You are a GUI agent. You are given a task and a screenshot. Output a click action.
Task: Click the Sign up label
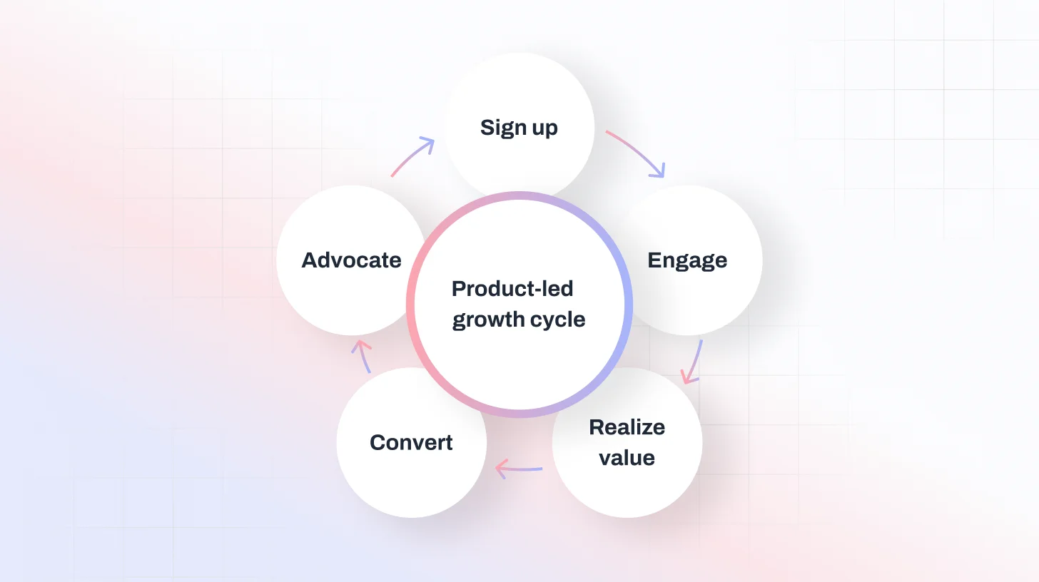pos(519,128)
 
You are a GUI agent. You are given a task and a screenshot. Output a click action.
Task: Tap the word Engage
pos(687,260)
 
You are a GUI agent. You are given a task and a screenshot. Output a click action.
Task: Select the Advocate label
pos(351,260)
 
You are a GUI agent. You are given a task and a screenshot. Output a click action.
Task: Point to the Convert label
pos(411,443)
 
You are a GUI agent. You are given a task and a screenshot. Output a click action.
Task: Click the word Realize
pos(627,427)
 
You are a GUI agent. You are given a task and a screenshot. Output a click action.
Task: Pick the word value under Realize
pos(627,457)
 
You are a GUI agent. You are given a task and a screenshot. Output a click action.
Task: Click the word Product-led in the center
pos(512,289)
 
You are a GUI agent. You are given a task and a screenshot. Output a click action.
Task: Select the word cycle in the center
pos(557,320)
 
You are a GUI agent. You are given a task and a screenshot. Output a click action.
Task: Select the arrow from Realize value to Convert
pos(519,469)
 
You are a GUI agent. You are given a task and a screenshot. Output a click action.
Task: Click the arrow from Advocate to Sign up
pos(412,157)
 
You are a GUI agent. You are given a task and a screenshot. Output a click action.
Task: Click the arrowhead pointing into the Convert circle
pos(500,469)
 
